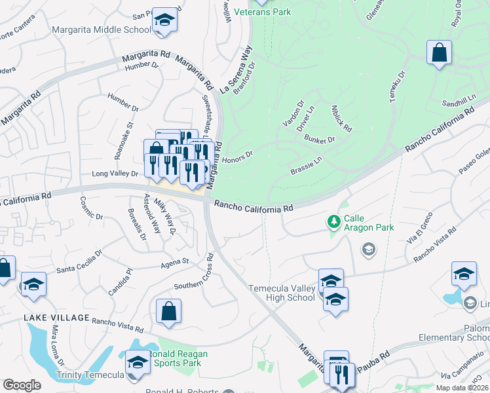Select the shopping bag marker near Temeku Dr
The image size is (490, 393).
(x=439, y=52)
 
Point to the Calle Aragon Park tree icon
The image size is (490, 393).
(x=334, y=223)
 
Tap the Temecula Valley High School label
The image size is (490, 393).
(x=282, y=293)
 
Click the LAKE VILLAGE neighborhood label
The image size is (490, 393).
(x=56, y=318)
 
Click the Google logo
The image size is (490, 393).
(x=22, y=385)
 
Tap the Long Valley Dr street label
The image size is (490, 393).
(x=115, y=174)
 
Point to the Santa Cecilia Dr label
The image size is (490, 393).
(x=79, y=260)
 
